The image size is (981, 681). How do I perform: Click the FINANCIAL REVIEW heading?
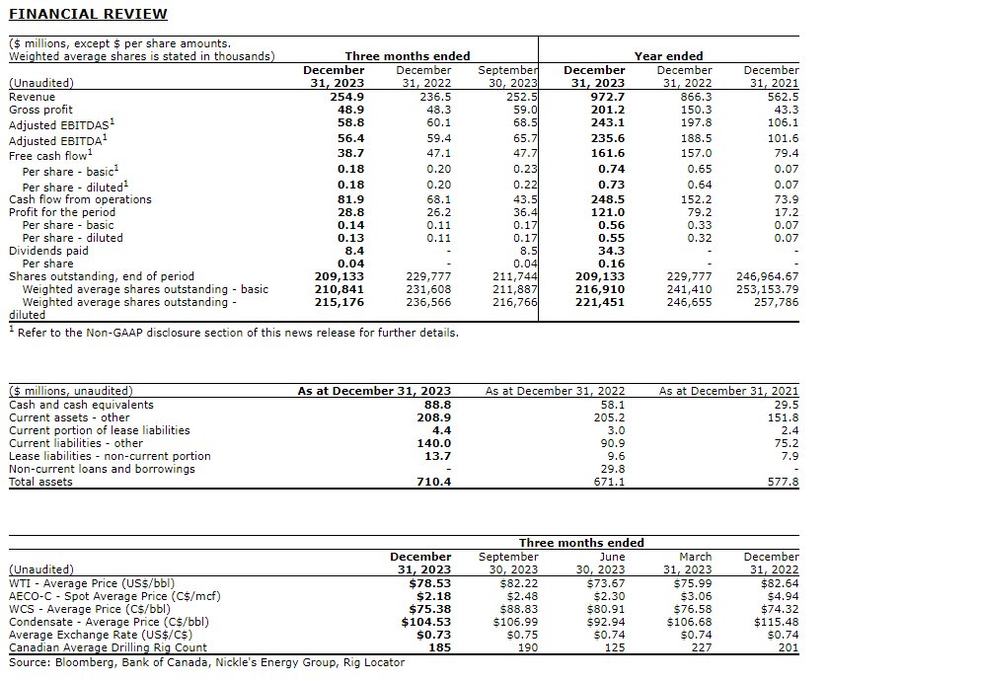(88, 14)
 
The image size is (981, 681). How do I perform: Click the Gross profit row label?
(40, 110)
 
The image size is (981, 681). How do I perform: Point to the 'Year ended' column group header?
(668, 56)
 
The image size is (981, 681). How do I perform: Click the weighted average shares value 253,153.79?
(767, 289)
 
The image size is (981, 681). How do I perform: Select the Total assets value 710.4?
(434, 482)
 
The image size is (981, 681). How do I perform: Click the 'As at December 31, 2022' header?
(555, 392)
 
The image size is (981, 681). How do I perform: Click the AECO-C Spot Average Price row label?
(114, 596)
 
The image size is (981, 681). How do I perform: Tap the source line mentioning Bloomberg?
(206, 662)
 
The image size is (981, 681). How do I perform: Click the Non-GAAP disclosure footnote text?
(238, 333)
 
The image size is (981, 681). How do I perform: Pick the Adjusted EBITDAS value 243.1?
(608, 122)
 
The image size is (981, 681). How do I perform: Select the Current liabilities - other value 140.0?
(434, 443)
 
